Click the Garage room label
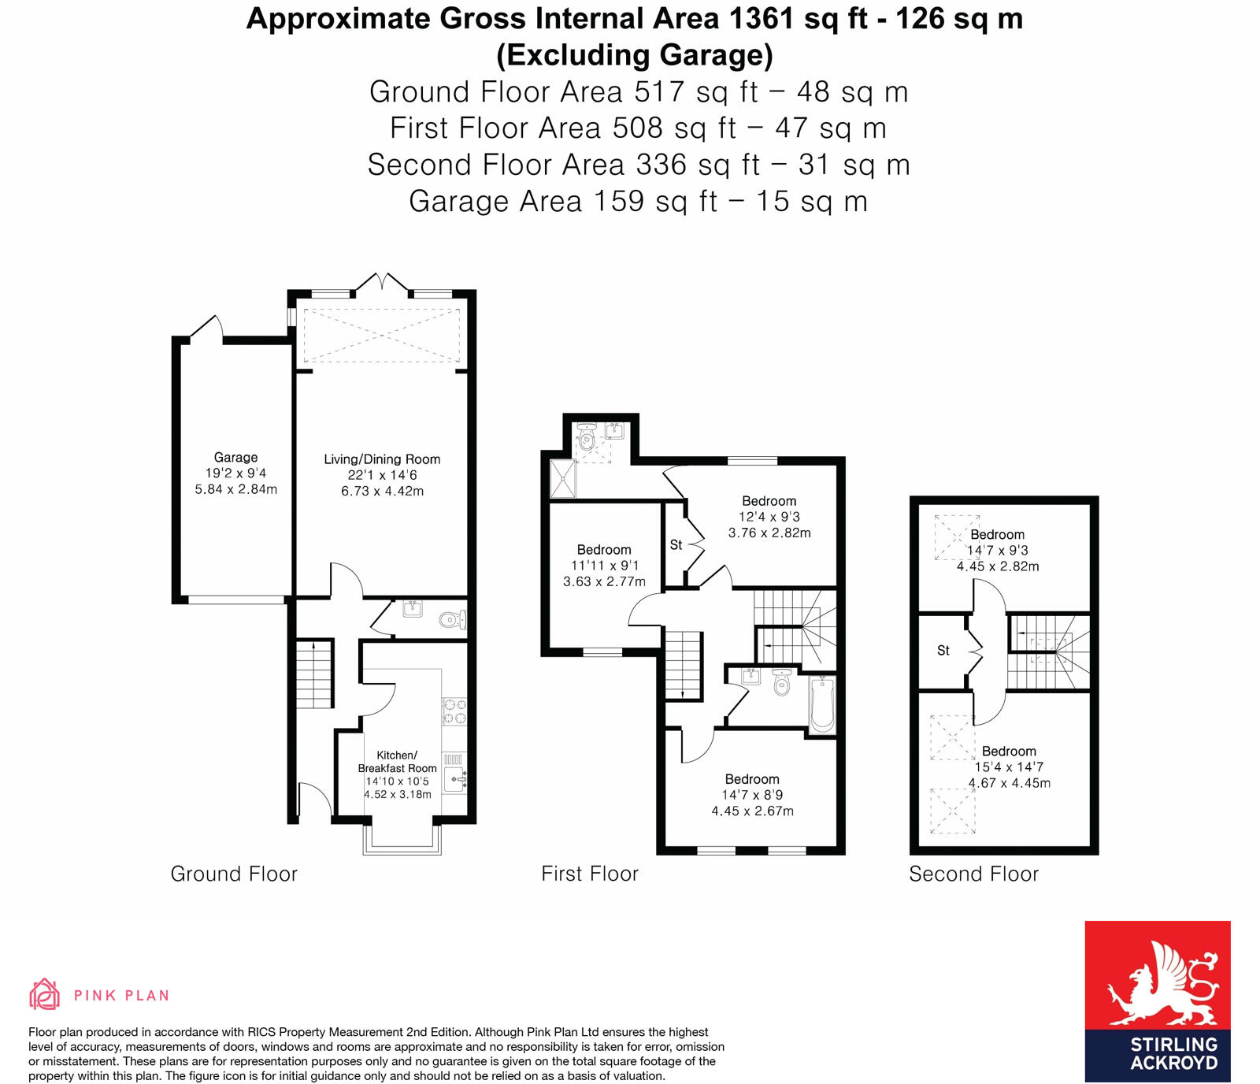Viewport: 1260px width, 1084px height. pyautogui.click(x=235, y=457)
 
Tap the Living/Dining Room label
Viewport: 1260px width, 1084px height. pyautogui.click(x=382, y=459)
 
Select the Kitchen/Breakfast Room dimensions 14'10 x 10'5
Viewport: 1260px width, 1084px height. pyautogui.click(x=397, y=781)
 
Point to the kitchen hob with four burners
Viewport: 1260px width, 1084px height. pyautogui.click(x=454, y=711)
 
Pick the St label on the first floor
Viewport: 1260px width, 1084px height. pyautogui.click(x=676, y=544)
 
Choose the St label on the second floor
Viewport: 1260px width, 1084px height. pyautogui.click(x=943, y=651)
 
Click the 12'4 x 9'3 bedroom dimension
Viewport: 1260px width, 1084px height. pyautogui.click(x=769, y=517)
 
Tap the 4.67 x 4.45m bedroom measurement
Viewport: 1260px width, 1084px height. pyautogui.click(x=1009, y=783)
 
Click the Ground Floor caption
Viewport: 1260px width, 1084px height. pyautogui.click(x=234, y=874)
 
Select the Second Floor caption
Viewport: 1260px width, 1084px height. pyautogui.click(x=973, y=874)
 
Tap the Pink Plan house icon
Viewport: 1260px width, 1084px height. pyautogui.click(x=44, y=994)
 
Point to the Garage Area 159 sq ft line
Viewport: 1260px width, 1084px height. pyautogui.click(x=638, y=201)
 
